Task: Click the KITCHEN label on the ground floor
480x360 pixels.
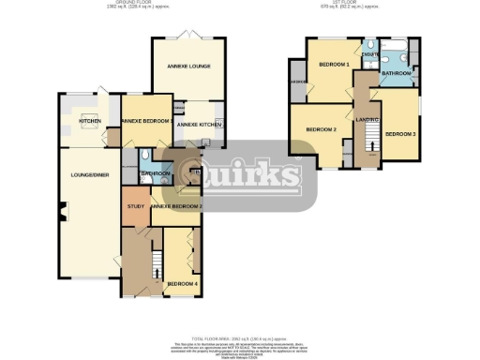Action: pyautogui.click(x=90, y=122)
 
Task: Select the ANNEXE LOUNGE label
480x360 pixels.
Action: pyautogui.click(x=188, y=67)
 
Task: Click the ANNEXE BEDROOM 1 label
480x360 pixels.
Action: pyautogui.click(x=146, y=122)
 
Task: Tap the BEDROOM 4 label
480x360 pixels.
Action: pyautogui.click(x=182, y=283)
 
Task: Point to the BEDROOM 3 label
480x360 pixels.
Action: pyautogui.click(x=399, y=134)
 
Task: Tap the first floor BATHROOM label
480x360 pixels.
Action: pyautogui.click(x=396, y=72)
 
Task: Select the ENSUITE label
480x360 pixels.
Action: pyautogui.click(x=370, y=56)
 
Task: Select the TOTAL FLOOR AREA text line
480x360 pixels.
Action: pyautogui.click(x=240, y=335)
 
